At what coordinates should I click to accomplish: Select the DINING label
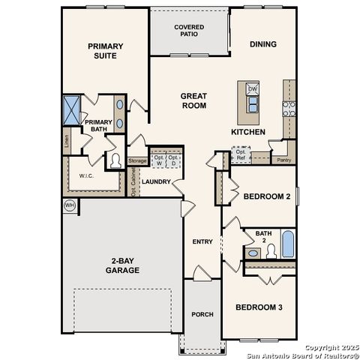pos(262,44)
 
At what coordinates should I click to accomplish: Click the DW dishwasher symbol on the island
pos(253,89)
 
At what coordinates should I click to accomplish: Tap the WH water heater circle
pos(70,205)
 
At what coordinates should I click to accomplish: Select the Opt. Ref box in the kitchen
pos(240,155)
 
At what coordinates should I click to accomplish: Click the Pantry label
pos(283,160)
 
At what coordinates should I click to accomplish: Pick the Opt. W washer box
pos(159,160)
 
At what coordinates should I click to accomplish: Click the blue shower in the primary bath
pos(72,109)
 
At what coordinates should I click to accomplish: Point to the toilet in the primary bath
pos(116,160)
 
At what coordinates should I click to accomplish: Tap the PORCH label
pos(202,313)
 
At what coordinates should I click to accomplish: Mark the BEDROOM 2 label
pos(266,197)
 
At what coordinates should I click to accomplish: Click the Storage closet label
pos(137,160)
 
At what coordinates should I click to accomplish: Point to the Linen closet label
pos(67,140)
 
